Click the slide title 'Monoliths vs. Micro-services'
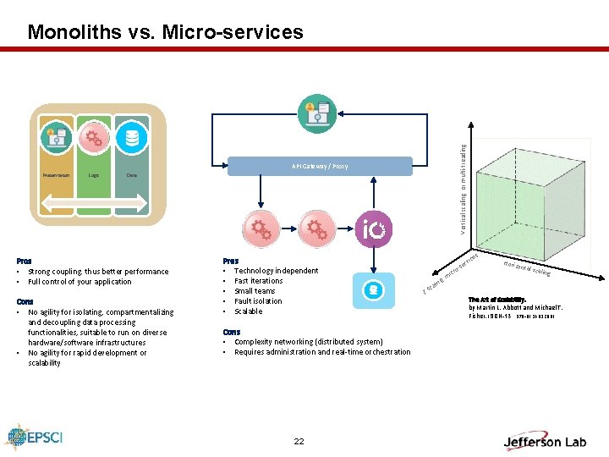[x=165, y=32]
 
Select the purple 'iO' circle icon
[x=374, y=228]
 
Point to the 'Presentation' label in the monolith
[x=57, y=175]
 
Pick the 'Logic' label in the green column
[x=94, y=175]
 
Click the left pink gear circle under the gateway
[x=261, y=228]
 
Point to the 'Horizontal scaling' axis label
[x=526, y=267]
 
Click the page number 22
[x=299, y=441]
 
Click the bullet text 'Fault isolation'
[x=258, y=301]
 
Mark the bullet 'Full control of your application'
[x=80, y=282]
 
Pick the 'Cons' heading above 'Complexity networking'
[x=231, y=332]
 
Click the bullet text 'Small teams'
[x=255, y=291]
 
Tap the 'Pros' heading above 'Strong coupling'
[x=25, y=261]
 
